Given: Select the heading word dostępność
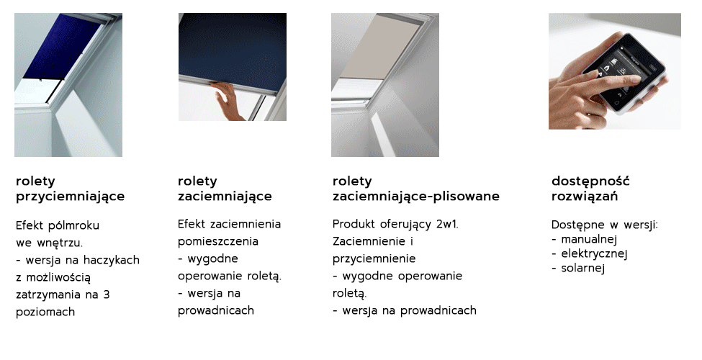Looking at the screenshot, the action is (590, 181).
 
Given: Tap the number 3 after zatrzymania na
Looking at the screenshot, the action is (107, 295).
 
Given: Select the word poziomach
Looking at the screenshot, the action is (45, 312).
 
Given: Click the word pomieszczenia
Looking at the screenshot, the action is (218, 242).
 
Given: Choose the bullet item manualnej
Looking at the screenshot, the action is (584, 238).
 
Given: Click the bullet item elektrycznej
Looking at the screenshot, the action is (589, 254).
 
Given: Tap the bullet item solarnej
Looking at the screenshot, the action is (578, 269).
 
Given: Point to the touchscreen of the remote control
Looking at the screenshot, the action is (622, 72).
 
